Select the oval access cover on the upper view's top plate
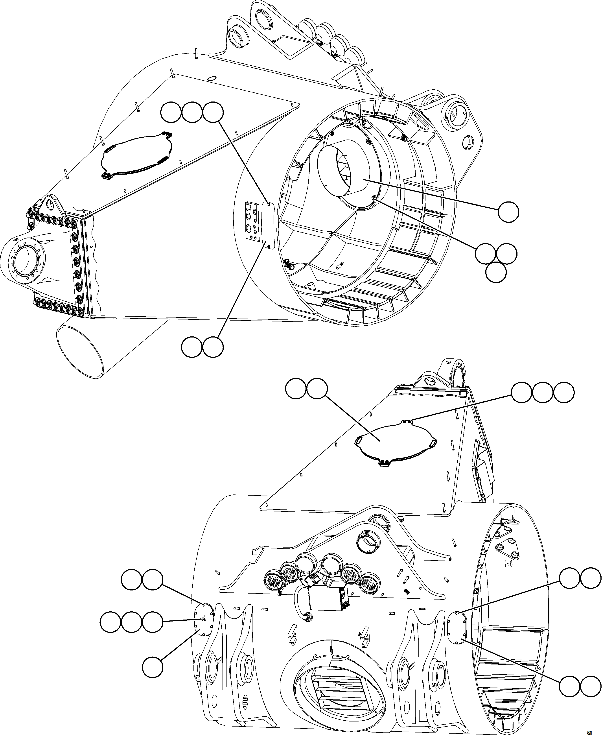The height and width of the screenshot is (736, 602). point(136,154)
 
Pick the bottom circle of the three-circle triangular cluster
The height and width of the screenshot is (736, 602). point(496,272)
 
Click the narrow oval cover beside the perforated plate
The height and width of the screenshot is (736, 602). point(269,225)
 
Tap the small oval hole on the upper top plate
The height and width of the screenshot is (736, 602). point(212,79)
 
